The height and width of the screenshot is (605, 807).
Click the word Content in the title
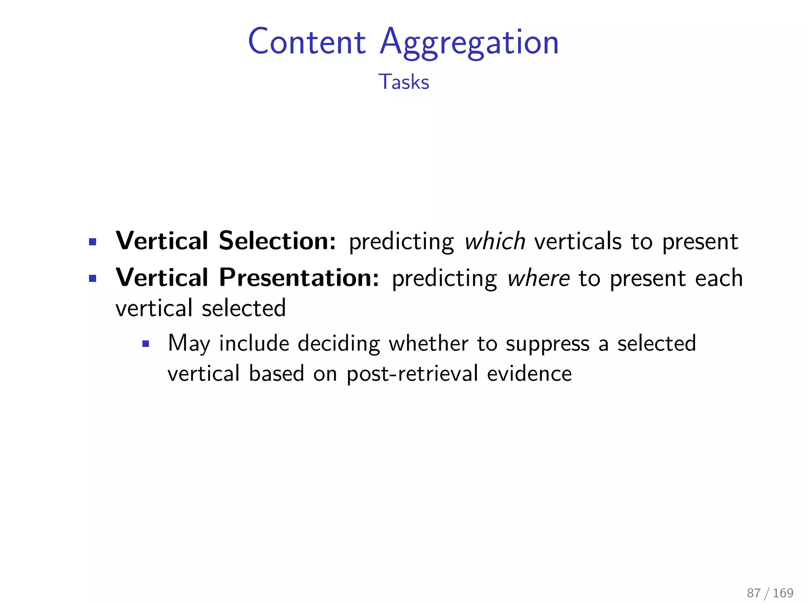pos(307,42)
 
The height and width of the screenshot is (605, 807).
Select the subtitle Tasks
pos(403,82)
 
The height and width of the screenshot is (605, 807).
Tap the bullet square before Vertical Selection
pos(93,242)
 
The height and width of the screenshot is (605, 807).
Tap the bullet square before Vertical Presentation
pos(93,279)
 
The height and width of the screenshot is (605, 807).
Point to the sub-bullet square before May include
pos(146,344)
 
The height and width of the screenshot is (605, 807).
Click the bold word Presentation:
pos(299,278)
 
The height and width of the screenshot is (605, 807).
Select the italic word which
pos(495,241)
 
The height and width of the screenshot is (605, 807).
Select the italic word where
pos(538,278)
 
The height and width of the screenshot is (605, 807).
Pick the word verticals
pos(578,241)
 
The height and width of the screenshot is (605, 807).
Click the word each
pos(719,278)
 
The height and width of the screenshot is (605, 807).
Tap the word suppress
pos(548,344)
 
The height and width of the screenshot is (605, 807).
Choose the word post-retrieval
pos(412,374)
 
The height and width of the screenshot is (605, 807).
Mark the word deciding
pos(339,343)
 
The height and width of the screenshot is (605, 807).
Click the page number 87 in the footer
pos(753,593)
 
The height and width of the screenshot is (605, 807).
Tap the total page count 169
pos(783,593)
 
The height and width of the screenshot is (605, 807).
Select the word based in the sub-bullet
pos(277,373)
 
